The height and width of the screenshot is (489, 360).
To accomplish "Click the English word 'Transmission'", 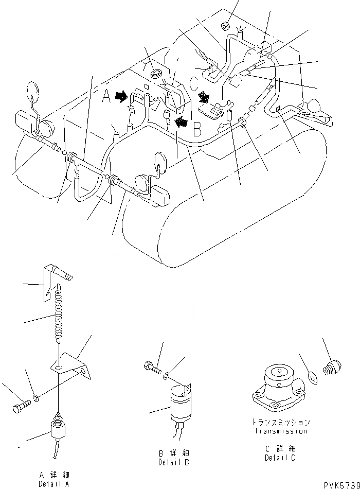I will click(x=281, y=431).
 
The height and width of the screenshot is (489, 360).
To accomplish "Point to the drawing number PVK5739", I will click(x=340, y=484).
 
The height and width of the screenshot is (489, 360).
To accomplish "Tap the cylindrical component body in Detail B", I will click(x=177, y=400).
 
